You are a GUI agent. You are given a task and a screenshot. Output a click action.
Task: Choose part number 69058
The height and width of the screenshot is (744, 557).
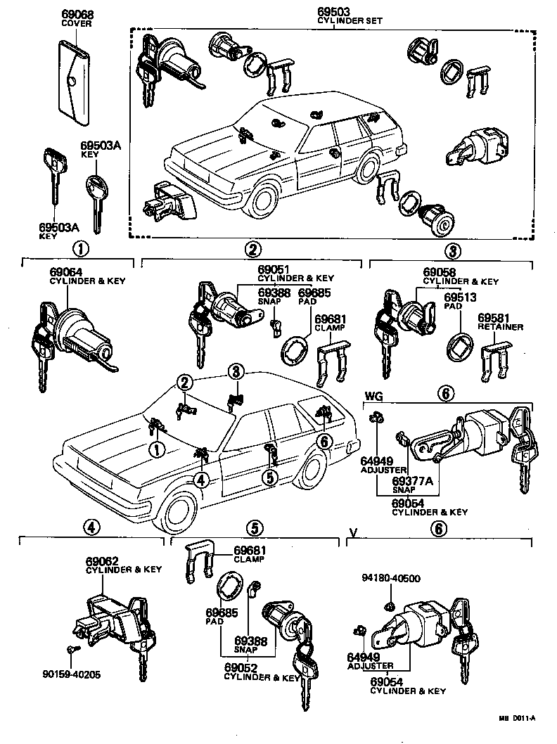click(x=440, y=272)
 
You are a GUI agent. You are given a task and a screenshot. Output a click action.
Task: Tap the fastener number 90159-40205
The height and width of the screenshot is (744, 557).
click(x=70, y=674)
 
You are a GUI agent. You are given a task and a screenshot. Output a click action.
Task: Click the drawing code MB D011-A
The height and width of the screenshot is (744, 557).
click(x=519, y=717)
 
